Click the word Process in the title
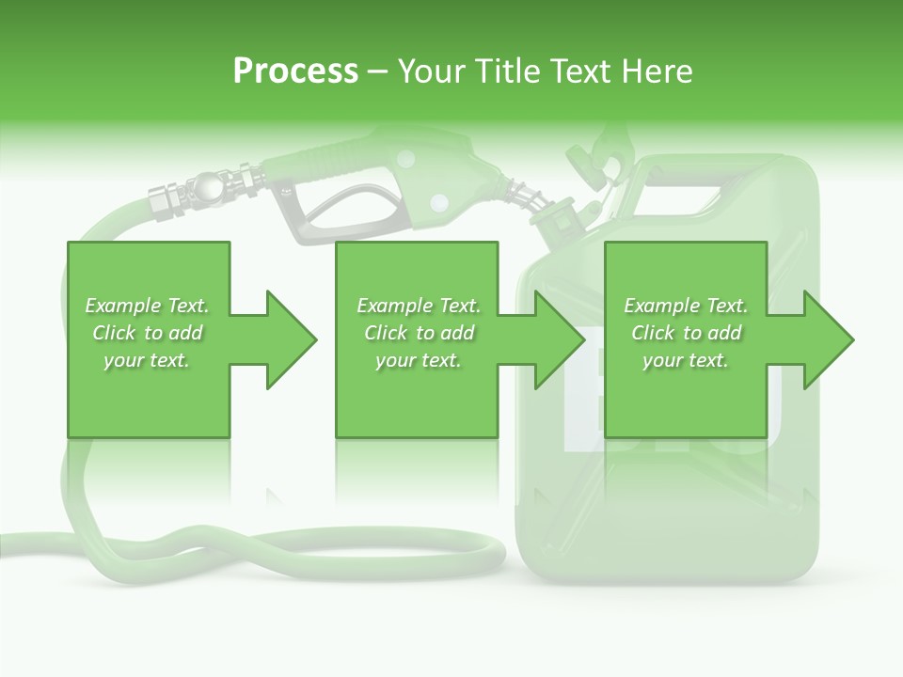tap(295, 71)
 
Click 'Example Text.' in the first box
tap(148, 306)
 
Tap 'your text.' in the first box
tap(148, 360)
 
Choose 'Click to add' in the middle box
tap(419, 333)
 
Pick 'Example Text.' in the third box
tap(686, 306)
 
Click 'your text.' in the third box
tap(686, 360)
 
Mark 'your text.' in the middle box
tap(419, 360)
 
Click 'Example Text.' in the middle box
tap(419, 306)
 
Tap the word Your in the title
tap(429, 71)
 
